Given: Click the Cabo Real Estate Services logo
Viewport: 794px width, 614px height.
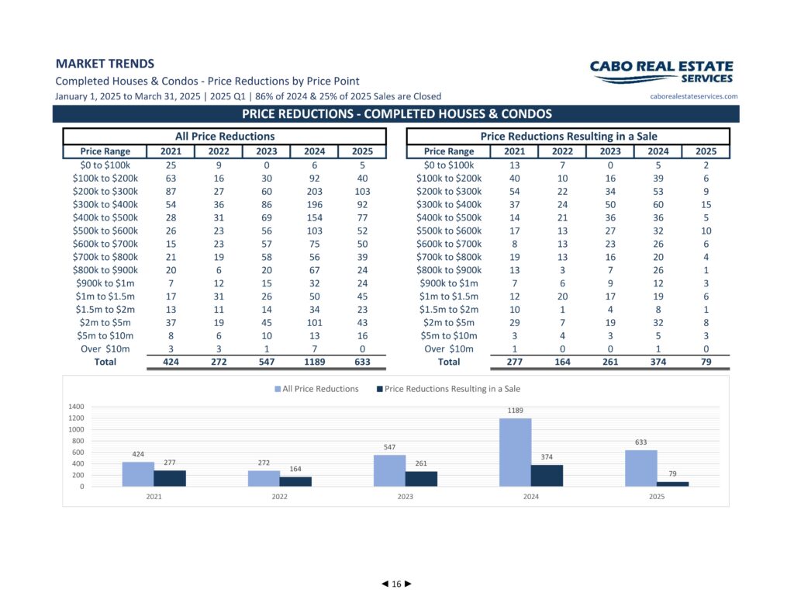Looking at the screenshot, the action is pyautogui.click(x=661, y=72).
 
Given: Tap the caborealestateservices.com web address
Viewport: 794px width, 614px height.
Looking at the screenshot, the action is pyautogui.click(x=694, y=96).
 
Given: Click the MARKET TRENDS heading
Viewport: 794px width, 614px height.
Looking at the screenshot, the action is pyautogui.click(x=105, y=64).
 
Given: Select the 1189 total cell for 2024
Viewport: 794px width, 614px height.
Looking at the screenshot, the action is pyautogui.click(x=315, y=362).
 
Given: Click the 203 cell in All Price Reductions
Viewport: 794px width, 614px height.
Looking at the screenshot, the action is pyautogui.click(x=315, y=192).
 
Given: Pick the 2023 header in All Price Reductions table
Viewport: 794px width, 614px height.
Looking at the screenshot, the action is pyautogui.click(x=267, y=151).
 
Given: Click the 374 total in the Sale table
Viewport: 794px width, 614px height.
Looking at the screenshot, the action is pyautogui.click(x=658, y=362).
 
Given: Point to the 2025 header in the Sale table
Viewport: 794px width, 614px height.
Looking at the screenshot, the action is pyautogui.click(x=706, y=151).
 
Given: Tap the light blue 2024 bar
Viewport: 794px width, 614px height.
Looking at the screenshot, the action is pyautogui.click(x=515, y=453).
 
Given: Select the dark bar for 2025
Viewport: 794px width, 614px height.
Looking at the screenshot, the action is pyautogui.click(x=672, y=484).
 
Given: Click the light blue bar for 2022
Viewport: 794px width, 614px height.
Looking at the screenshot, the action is pyautogui.click(x=264, y=479).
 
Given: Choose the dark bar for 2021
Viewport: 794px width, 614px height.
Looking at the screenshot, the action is pyautogui.click(x=170, y=479).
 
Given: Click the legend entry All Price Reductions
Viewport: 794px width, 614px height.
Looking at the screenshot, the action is pyautogui.click(x=316, y=389).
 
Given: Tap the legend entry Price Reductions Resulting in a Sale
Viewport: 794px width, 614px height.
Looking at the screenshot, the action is pyautogui.click(x=449, y=389).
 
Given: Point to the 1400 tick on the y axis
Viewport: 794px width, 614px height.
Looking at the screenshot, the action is pyautogui.click(x=76, y=407).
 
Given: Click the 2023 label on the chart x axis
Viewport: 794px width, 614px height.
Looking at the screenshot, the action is pyautogui.click(x=405, y=497).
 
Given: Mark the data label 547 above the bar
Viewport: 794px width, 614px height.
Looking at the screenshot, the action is pyautogui.click(x=389, y=447).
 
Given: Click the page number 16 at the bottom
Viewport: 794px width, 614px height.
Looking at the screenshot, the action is pyautogui.click(x=396, y=584).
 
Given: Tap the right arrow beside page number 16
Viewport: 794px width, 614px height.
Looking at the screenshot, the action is pyautogui.click(x=408, y=584).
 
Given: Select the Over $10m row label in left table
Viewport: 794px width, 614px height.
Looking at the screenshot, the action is pyautogui.click(x=105, y=349).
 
